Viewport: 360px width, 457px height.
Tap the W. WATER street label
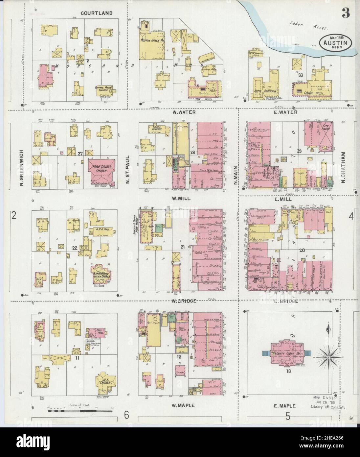click(184, 112)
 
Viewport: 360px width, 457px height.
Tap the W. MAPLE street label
click(183, 405)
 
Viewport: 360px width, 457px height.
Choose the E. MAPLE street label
click(285, 406)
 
